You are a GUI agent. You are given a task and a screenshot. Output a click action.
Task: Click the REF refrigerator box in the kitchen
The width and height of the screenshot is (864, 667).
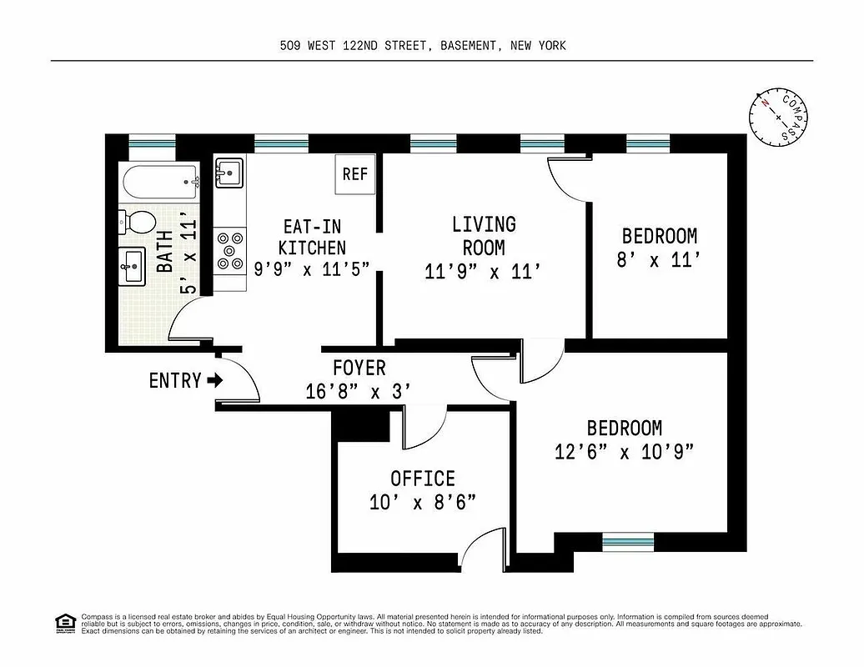click(x=354, y=174)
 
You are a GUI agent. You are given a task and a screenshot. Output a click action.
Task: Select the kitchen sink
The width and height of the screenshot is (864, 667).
click(x=229, y=173)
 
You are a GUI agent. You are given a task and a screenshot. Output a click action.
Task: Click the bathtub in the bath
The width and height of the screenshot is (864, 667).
click(x=159, y=179)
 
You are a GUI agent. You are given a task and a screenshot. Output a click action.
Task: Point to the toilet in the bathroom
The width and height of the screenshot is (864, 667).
click(x=138, y=222)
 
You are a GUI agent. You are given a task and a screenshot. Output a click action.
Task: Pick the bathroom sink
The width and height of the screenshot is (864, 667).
click(x=132, y=267)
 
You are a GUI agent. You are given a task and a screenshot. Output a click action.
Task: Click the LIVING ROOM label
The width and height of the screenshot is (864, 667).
click(x=484, y=236)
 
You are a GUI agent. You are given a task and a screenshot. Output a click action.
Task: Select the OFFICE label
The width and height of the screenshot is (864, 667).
click(x=423, y=479)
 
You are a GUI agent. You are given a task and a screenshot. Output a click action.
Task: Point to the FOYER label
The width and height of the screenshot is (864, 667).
click(x=359, y=368)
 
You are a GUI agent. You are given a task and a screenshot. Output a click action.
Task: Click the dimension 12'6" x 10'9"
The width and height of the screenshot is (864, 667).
click(x=624, y=451)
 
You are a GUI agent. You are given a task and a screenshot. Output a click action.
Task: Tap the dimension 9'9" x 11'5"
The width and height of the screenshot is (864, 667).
click(x=311, y=268)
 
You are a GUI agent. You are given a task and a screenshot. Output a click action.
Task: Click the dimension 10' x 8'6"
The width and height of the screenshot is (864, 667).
click(x=423, y=502)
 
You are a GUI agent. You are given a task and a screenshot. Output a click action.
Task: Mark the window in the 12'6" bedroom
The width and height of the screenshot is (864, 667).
click(x=626, y=542)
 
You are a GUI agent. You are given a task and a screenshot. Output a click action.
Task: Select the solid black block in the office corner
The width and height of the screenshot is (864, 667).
click(x=360, y=425)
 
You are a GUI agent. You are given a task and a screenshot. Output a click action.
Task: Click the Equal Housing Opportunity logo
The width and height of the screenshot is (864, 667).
click(x=63, y=622)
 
